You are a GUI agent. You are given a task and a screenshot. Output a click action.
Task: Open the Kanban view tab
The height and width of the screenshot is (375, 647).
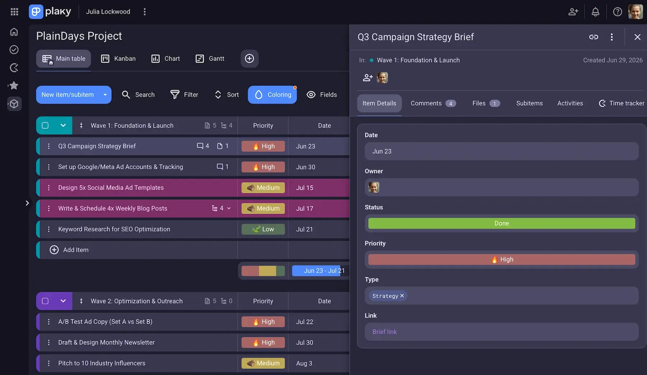(118, 59)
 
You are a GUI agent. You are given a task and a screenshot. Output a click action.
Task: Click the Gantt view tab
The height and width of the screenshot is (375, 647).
(210, 59)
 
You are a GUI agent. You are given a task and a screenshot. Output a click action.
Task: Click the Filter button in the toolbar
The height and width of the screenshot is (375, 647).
(184, 94)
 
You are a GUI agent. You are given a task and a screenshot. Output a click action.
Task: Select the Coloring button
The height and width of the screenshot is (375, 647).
(272, 94)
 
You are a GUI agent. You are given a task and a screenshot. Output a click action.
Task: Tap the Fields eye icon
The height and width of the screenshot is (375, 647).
(311, 94)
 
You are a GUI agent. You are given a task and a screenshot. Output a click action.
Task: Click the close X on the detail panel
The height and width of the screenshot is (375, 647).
(637, 37)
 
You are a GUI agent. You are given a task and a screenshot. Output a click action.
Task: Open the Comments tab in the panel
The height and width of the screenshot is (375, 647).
(433, 103)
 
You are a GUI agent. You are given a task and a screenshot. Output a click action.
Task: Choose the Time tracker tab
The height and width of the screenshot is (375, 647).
(621, 103)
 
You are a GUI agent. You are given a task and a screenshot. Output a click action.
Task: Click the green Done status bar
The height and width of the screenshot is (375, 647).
(501, 223)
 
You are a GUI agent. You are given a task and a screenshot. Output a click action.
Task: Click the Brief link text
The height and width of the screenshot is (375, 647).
(385, 332)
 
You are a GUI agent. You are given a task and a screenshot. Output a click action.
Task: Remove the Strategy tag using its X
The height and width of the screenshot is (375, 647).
(402, 296)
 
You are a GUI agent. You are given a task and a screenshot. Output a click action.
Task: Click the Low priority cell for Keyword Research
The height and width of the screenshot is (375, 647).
(263, 229)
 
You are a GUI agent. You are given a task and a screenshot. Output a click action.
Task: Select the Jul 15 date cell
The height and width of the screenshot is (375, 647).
(305, 188)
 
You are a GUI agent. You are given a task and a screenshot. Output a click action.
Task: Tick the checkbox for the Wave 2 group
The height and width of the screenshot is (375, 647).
(45, 301)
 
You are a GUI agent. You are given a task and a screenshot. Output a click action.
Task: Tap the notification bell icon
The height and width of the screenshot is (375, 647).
(596, 12)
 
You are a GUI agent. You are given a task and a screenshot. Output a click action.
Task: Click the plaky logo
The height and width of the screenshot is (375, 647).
(50, 11)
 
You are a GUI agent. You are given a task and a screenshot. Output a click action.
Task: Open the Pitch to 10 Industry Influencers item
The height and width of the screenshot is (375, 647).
(102, 363)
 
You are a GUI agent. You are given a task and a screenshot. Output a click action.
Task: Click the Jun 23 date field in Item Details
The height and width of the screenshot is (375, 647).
(501, 151)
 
